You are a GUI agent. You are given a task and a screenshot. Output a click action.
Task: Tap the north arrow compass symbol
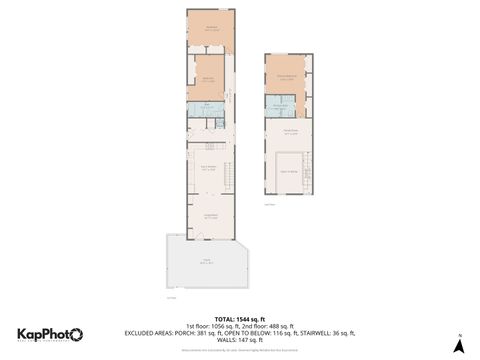tap(458, 345)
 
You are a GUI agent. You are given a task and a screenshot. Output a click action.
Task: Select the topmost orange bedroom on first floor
tap(211, 30)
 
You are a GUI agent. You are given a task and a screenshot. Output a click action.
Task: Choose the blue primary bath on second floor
tap(281, 106)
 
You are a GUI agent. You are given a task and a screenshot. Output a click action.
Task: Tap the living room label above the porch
tap(210, 216)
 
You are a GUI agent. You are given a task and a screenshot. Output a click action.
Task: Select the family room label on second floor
tap(290, 132)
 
